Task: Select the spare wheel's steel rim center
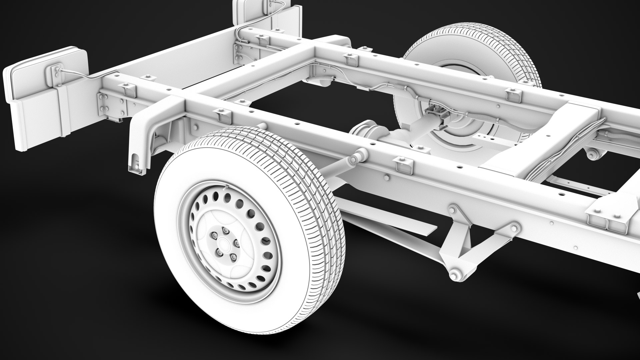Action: [457, 130]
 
